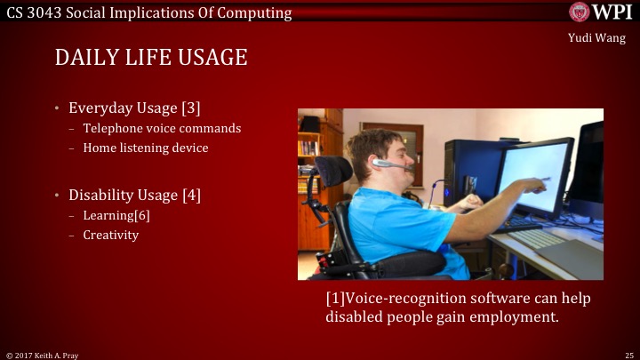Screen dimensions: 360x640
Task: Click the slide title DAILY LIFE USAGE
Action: [x=150, y=58]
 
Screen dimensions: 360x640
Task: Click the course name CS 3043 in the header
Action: [x=35, y=12]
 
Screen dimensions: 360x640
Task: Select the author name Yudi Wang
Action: [x=596, y=37]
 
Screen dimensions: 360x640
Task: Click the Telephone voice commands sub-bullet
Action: [x=162, y=128]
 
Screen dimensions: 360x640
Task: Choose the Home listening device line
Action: [x=146, y=148]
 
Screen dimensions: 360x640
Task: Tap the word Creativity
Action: [x=110, y=235]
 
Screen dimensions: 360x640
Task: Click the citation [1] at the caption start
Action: [x=335, y=298]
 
